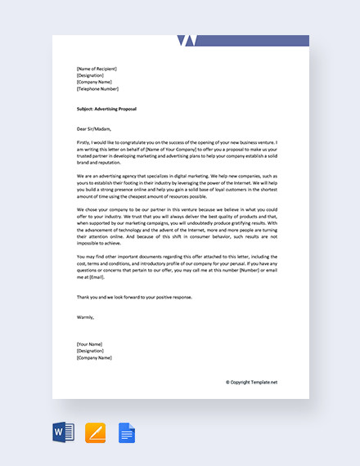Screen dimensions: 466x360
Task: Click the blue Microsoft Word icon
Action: point(64,432)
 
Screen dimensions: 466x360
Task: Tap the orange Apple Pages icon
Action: point(96,432)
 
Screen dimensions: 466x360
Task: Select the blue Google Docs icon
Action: point(127,432)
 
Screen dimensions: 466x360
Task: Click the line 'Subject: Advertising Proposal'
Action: point(106,109)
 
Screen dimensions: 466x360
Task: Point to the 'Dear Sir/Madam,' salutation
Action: point(93,128)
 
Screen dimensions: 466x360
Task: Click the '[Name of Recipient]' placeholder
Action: point(97,69)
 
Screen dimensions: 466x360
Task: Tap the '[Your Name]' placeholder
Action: point(90,344)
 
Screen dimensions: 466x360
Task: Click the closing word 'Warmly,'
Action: point(85,316)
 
